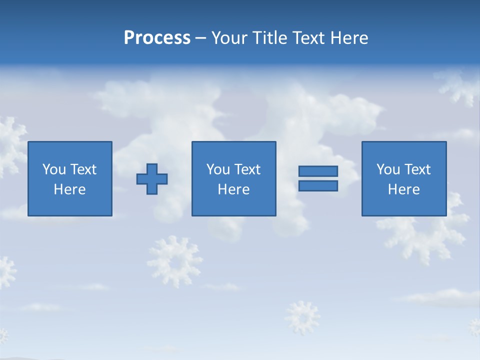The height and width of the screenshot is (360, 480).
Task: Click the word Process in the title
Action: coord(157,38)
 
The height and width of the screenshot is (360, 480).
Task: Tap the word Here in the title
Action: coord(349,38)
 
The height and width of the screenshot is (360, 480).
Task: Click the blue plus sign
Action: coord(152,179)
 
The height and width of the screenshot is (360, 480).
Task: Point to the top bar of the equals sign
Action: coord(318,171)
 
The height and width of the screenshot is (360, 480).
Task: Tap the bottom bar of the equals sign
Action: coord(318,186)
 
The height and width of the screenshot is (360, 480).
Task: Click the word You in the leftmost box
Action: coord(54,169)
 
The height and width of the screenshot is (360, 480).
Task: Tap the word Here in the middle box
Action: coord(234,189)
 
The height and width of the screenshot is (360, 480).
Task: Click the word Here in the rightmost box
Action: coord(404,189)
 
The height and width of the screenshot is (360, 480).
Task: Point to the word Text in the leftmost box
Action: coord(83,169)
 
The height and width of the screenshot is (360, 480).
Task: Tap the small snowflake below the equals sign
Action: coord(302,317)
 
